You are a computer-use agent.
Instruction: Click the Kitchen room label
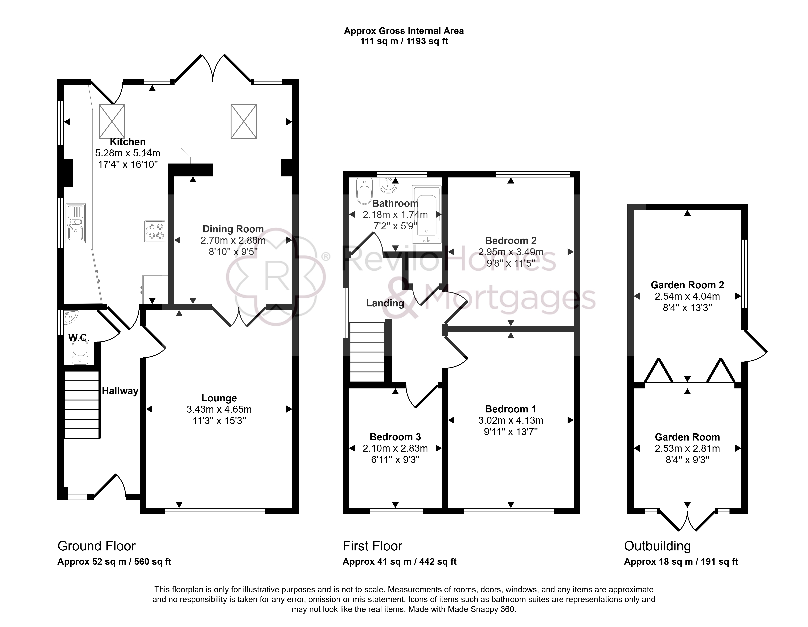[128, 142]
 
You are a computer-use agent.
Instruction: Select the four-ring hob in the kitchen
[155, 231]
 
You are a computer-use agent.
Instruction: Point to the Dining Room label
[233, 229]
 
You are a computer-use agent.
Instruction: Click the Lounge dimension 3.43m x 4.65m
[219, 409]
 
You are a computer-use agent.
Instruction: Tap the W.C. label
[79, 338]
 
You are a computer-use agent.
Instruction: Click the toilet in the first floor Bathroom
[364, 191]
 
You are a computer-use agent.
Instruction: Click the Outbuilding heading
[657, 546]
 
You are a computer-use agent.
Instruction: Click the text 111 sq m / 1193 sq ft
[404, 41]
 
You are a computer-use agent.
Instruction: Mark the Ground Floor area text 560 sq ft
[152, 562]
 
